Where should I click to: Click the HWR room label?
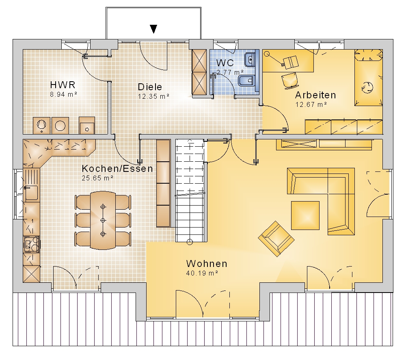tap(63, 85)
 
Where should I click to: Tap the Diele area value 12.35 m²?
tap(153, 96)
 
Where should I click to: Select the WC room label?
tap(225, 63)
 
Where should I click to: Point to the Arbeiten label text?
tap(315, 95)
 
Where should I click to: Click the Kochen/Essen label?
tap(117, 169)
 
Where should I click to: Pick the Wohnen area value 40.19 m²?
tap(202, 273)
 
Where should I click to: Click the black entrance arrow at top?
tap(153, 29)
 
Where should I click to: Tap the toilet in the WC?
tap(246, 81)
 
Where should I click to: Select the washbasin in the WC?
tap(250, 60)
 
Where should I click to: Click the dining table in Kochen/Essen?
tap(103, 220)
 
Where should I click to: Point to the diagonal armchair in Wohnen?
tap(276, 239)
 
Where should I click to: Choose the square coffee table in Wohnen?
tap(305, 215)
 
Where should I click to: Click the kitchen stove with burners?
tap(32, 244)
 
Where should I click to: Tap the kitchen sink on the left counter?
tap(31, 193)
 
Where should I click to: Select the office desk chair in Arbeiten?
tap(290, 80)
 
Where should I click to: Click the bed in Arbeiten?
tap(369, 78)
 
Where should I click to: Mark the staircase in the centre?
tap(190, 190)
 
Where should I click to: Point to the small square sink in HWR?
tap(87, 126)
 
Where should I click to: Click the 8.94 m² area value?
tap(64, 95)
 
